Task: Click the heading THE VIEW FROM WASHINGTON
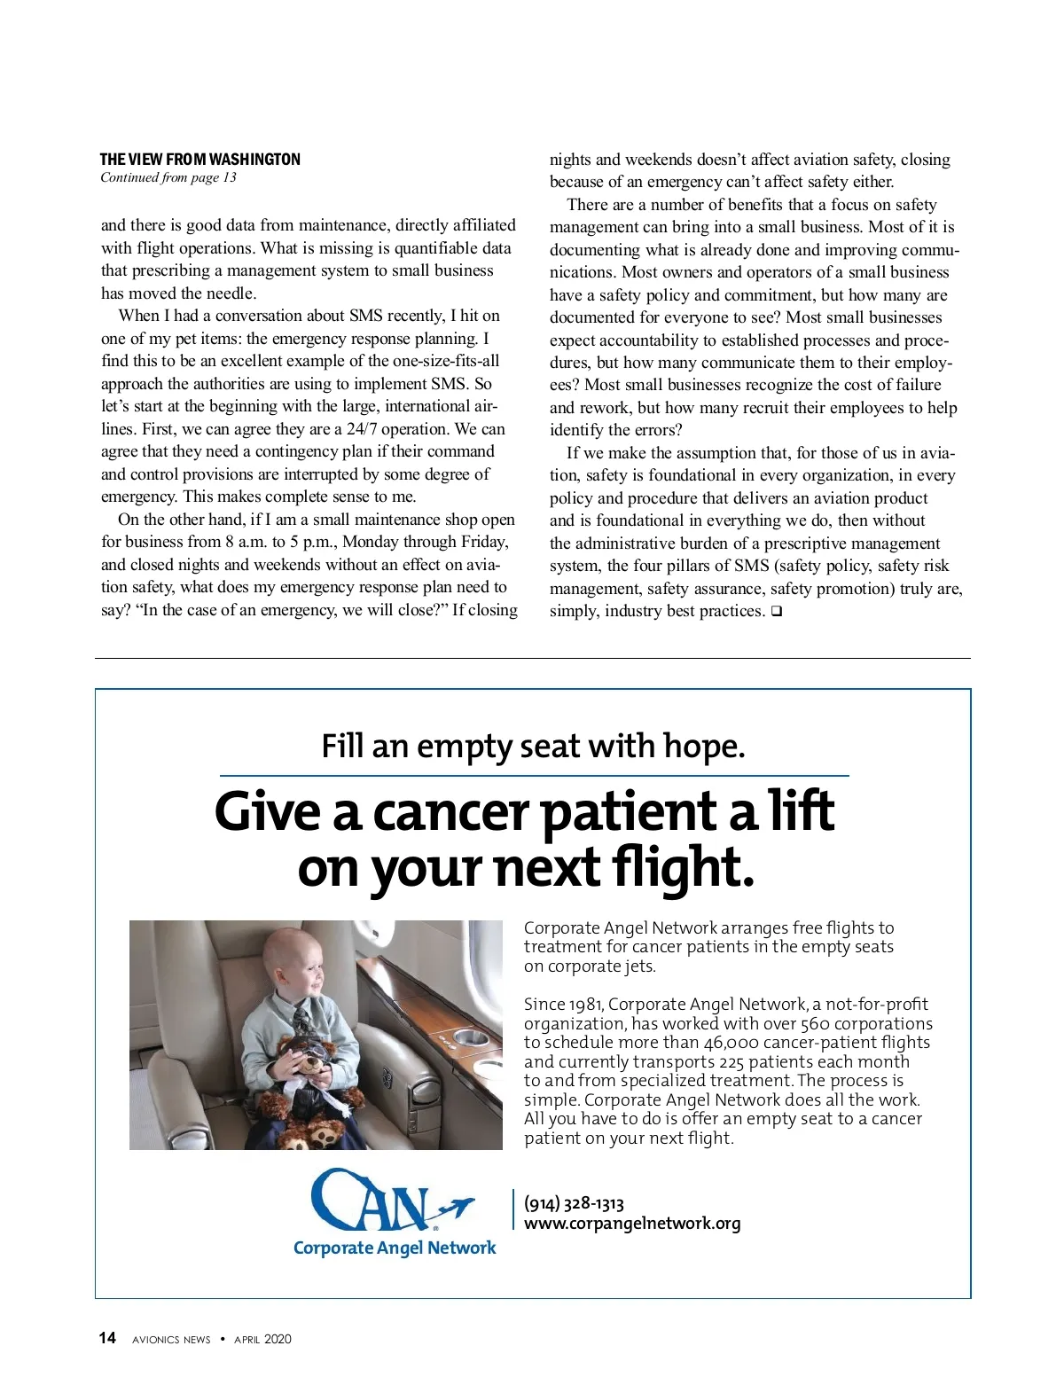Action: (199, 160)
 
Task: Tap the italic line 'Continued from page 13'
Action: (168, 177)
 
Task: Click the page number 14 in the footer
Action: (107, 1338)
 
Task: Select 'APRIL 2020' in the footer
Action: (262, 1339)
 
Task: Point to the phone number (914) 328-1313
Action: (574, 1203)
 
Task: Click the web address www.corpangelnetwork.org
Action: (632, 1224)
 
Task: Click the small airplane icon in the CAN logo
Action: (456, 1207)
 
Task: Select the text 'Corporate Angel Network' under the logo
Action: (395, 1248)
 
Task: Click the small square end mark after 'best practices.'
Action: (776, 611)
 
